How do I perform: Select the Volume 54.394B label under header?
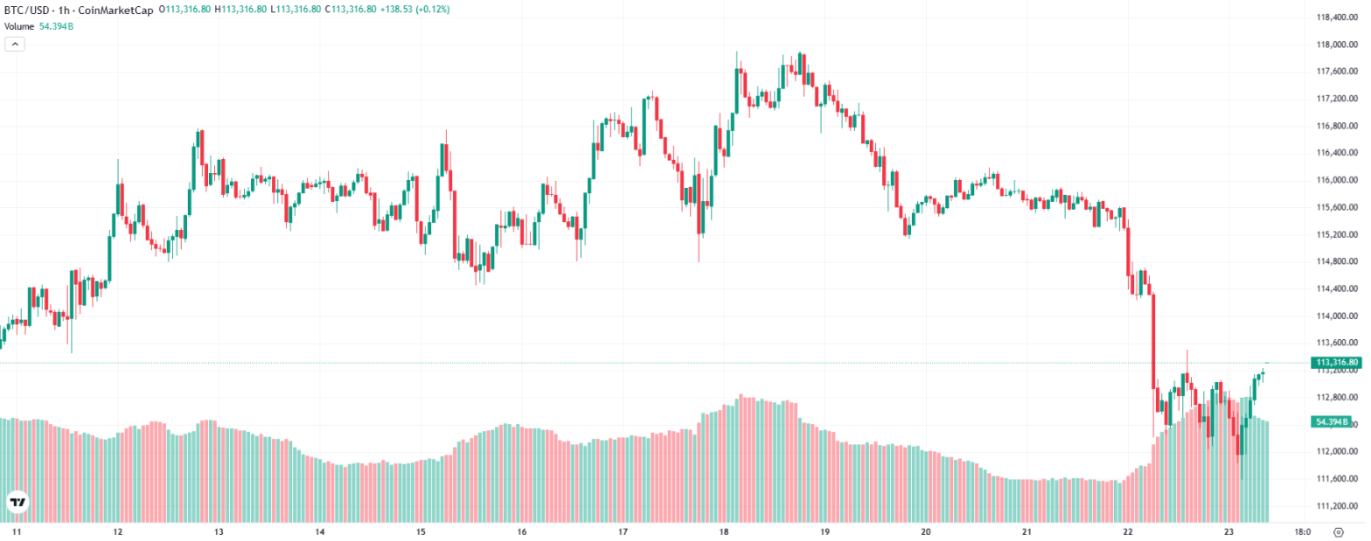(x=38, y=26)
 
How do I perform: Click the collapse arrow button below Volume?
(x=14, y=44)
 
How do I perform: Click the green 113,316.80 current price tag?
(x=1337, y=363)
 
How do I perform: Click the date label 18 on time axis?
(x=724, y=531)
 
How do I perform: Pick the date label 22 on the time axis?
(x=1128, y=531)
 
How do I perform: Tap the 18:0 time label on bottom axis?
(x=1302, y=531)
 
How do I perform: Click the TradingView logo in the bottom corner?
(x=17, y=503)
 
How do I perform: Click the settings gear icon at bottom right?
(x=1338, y=531)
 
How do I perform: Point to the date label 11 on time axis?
(x=16, y=531)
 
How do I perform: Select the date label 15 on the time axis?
(x=421, y=531)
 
